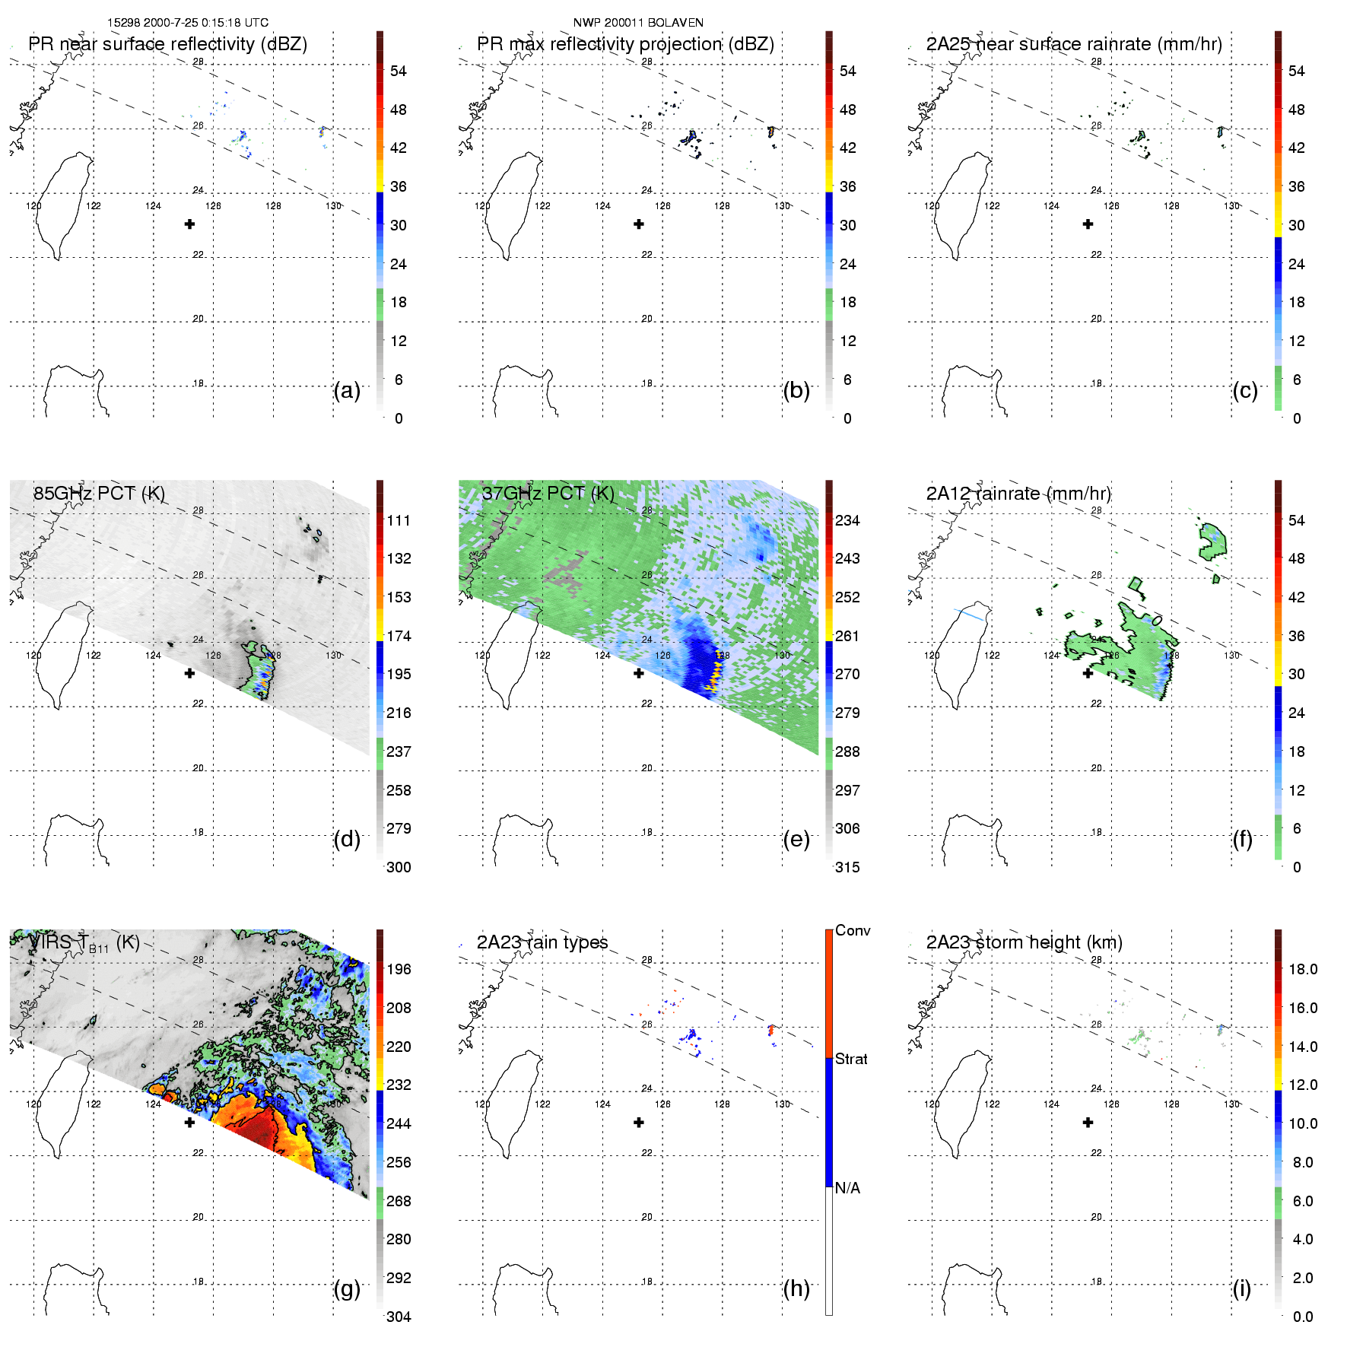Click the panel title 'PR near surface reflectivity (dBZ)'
167,44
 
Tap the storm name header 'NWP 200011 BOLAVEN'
638,23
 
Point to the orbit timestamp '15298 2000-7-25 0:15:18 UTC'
188,23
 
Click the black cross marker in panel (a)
189,224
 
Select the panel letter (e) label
796,839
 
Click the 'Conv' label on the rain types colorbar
853,930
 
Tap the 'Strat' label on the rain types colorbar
851,1059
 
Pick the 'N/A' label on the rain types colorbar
847,1188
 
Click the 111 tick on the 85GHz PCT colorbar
399,520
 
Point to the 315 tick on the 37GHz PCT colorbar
847,867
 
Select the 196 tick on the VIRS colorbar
399,969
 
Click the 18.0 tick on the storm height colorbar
1303,969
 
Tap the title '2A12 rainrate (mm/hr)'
1018,494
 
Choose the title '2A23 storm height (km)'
1024,942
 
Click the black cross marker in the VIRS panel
189,1122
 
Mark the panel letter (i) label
1242,1288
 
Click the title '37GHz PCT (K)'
548,494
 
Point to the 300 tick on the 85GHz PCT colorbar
399,867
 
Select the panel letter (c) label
1245,390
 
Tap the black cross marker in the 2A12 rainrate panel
1088,673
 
